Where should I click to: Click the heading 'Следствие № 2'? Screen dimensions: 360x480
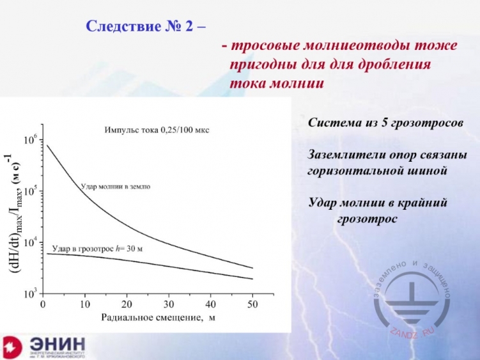(x=146, y=27)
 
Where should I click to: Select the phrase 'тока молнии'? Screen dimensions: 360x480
(x=277, y=83)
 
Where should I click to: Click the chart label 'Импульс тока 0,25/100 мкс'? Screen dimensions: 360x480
(x=157, y=130)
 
